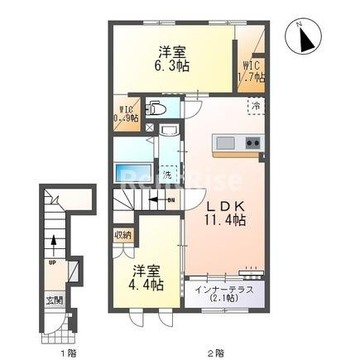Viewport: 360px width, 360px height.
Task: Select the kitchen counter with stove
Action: pyautogui.click(x=238, y=144)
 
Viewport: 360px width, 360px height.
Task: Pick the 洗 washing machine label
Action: pyautogui.click(x=166, y=175)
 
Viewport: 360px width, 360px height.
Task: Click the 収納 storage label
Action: pyautogui.click(x=122, y=235)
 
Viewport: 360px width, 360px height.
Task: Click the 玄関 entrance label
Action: pyautogui.click(x=53, y=300)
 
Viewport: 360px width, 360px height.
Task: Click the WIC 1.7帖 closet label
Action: pyautogui.click(x=252, y=71)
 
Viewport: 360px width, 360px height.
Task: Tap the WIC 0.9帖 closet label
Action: pyautogui.click(x=127, y=113)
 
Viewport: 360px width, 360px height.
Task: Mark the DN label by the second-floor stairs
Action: pyautogui.click(x=170, y=201)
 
